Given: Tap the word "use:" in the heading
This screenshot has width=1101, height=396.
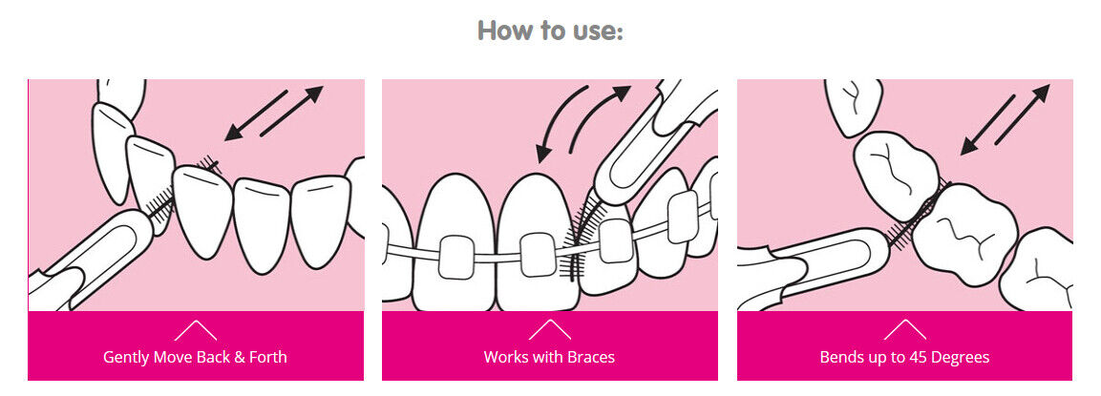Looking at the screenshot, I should [x=599, y=31].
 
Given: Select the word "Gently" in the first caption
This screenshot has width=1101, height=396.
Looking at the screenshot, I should [x=127, y=358].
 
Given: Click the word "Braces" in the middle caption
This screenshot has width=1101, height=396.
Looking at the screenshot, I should [x=589, y=358].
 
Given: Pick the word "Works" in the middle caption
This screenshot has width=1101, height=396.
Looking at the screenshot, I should [x=505, y=358].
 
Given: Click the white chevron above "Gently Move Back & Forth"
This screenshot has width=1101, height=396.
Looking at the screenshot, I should [x=196, y=330].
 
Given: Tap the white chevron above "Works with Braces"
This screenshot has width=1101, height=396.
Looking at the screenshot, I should [x=549, y=330].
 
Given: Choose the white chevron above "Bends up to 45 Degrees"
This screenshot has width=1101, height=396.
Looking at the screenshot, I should [x=904, y=330].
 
